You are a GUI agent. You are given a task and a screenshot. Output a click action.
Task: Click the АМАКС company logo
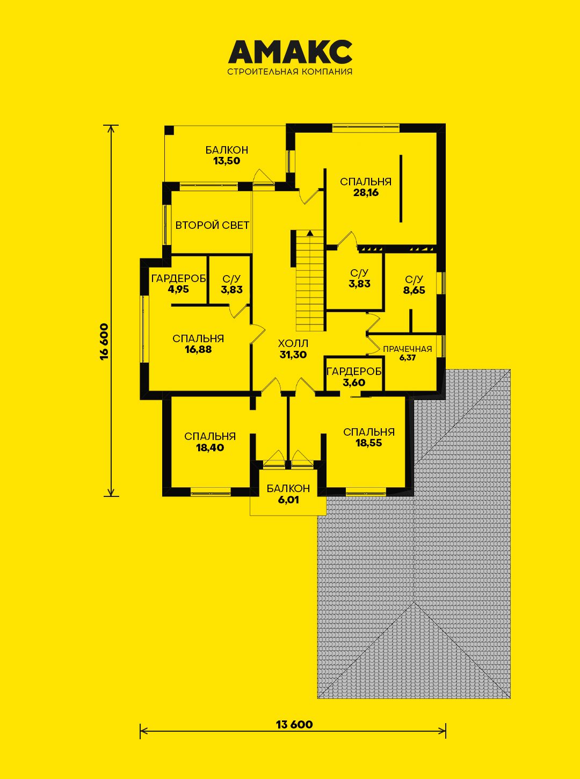click(x=290, y=52)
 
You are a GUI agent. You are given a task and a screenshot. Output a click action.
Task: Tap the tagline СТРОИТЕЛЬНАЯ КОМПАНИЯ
click(x=290, y=72)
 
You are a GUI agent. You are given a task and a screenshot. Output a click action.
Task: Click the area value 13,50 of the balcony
click(x=227, y=161)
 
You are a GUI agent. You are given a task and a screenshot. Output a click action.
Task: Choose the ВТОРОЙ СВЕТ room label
click(x=212, y=225)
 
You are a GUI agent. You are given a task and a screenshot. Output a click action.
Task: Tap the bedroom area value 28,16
click(x=366, y=192)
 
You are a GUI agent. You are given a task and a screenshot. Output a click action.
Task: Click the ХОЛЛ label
click(x=293, y=343)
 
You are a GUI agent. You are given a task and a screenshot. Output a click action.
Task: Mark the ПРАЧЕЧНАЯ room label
click(x=407, y=349)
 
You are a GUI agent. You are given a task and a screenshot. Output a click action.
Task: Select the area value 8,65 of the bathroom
click(x=414, y=291)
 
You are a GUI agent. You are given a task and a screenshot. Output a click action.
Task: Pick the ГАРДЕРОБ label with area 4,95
click(x=178, y=279)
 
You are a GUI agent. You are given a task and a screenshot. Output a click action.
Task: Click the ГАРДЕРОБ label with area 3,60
click(x=354, y=372)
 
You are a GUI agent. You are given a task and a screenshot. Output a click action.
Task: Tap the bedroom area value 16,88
click(x=198, y=349)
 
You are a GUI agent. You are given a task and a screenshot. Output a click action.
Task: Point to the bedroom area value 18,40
click(x=210, y=448)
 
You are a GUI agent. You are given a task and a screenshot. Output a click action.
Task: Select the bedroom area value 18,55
click(x=368, y=443)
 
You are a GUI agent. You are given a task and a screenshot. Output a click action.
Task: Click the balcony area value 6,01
click(x=288, y=500)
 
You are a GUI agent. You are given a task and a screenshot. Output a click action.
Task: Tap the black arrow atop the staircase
click(x=309, y=232)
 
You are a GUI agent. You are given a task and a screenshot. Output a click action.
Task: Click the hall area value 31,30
click(x=293, y=355)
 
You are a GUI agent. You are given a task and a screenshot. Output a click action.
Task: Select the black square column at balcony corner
click(x=169, y=130)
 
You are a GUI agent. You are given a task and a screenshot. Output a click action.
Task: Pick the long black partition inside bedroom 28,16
click(x=401, y=188)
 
